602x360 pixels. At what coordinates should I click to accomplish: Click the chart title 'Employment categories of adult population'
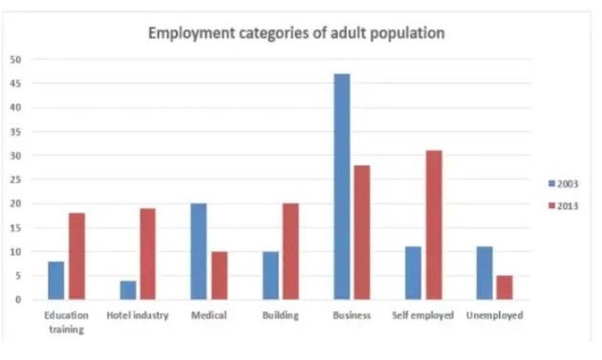pos(295,33)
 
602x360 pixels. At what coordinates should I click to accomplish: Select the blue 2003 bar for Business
pos(341,186)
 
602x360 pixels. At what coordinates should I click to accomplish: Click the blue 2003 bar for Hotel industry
pos(127,289)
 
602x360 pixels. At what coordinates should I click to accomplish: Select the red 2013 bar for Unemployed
pos(504,287)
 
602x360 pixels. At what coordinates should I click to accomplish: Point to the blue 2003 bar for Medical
pos(199,251)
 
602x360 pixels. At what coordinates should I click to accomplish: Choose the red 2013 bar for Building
pos(291,251)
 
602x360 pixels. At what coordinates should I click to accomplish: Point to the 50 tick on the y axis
pos(15,59)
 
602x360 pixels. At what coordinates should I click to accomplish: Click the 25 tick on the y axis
pos(15,180)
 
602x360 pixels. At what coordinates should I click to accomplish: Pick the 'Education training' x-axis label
pos(67,322)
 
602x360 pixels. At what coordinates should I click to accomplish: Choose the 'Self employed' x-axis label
pos(422,315)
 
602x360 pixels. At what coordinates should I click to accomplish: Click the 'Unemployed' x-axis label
pos(494,315)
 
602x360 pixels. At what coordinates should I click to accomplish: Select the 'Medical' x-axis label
pos(209,315)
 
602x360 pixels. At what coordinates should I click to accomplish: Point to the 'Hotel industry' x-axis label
pos(138,315)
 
